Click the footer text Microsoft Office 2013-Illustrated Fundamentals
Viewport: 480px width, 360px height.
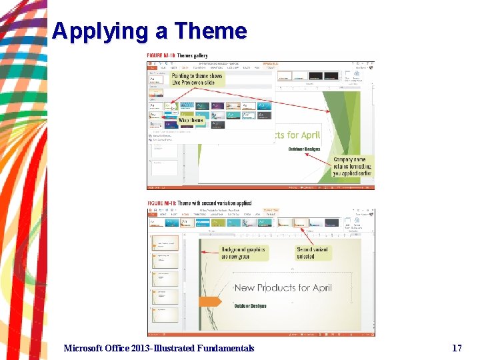point(159,348)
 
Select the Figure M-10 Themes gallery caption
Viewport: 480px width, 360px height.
point(177,55)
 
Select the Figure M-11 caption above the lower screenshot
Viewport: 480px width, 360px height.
point(199,203)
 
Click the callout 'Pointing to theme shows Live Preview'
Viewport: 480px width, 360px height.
point(197,79)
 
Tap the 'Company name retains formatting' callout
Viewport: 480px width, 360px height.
point(353,166)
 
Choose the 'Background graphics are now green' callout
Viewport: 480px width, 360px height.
point(244,253)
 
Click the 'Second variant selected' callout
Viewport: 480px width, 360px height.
point(313,253)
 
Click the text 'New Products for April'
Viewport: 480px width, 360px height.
point(283,287)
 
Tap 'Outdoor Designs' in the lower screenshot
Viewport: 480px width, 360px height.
point(250,306)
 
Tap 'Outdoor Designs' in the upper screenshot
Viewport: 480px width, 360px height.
point(304,149)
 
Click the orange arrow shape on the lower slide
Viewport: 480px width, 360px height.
point(210,301)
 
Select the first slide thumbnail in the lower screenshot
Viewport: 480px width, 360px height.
point(164,243)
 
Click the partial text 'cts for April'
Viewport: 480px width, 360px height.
point(297,135)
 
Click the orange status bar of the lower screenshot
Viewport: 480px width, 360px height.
point(260,333)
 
